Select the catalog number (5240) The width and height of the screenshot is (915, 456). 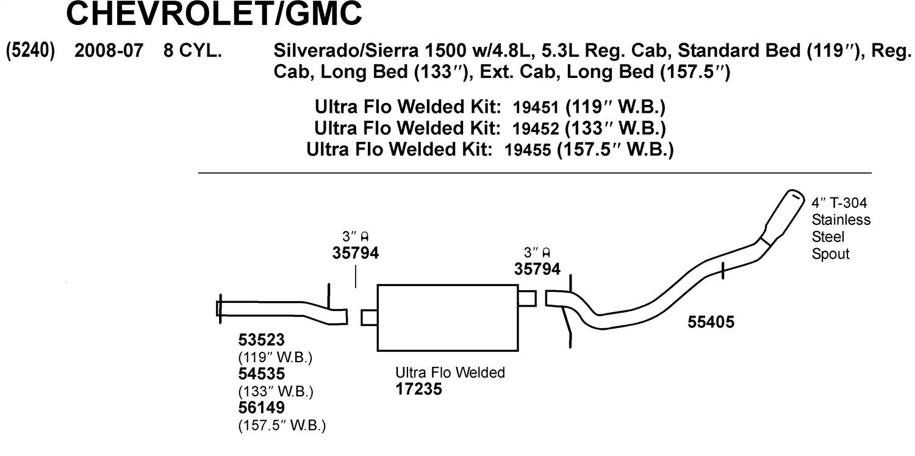(30, 51)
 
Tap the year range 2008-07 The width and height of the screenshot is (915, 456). (109, 51)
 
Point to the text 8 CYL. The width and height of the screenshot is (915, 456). (193, 51)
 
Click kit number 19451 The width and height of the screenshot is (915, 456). (535, 107)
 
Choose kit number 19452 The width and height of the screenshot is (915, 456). (535, 129)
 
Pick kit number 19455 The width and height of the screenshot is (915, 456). (528, 150)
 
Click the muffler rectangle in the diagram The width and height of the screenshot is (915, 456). (448, 318)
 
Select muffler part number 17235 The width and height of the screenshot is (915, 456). (418, 389)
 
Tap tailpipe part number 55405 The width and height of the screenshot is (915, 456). (711, 322)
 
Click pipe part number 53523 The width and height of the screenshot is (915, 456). (262, 340)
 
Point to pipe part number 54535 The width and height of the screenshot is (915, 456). (262, 374)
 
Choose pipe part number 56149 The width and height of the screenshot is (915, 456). (262, 407)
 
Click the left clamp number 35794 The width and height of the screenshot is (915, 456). (356, 253)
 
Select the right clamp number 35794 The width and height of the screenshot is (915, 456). (537, 269)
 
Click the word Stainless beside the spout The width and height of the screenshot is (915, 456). (841, 219)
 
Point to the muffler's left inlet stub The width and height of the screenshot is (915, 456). (369, 318)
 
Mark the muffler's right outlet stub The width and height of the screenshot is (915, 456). (528, 298)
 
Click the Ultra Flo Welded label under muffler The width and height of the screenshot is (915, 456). (450, 372)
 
